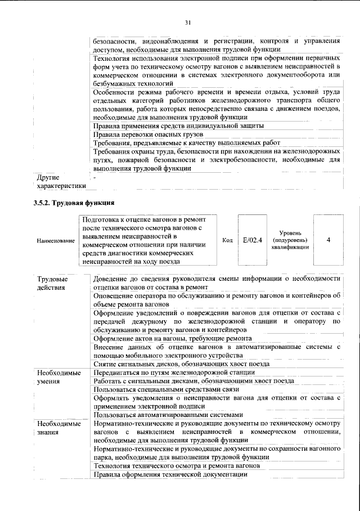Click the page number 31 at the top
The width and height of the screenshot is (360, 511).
pyautogui.click(x=188, y=23)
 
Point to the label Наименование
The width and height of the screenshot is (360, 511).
pyautogui.click(x=56, y=241)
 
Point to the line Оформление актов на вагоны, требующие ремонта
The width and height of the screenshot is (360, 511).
pyautogui.click(x=172, y=338)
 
